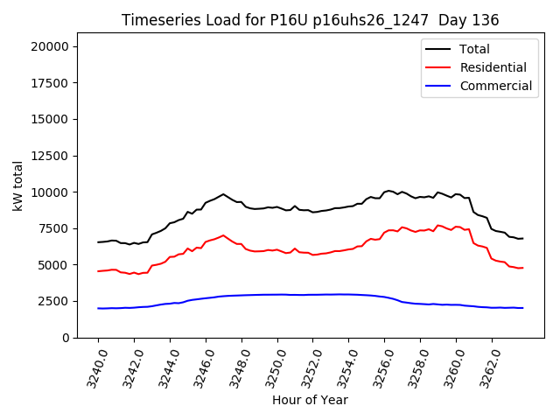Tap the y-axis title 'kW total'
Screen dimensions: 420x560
(x=18, y=186)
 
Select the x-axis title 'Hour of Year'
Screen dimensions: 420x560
(x=310, y=400)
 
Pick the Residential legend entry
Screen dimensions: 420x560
(x=493, y=67)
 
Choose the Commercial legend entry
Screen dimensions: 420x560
(x=495, y=86)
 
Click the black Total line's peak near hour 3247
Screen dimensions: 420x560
(x=223, y=194)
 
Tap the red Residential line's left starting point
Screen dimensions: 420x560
(x=98, y=271)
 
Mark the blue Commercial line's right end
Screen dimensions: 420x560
(x=522, y=308)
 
